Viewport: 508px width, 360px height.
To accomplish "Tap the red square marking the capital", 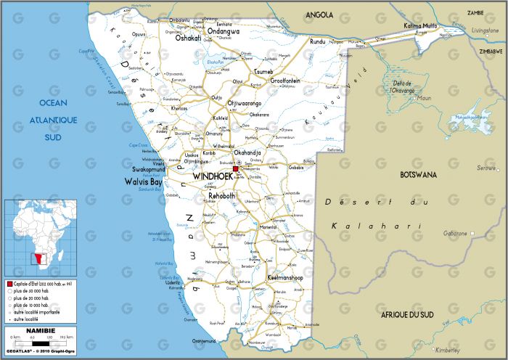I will pos(235,169).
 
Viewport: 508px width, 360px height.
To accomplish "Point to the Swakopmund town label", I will pos(149,169).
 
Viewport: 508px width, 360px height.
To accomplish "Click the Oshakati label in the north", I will pos(188,38).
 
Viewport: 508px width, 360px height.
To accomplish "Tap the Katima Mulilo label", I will pos(422,26).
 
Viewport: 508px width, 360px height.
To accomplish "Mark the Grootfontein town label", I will pos(285,81).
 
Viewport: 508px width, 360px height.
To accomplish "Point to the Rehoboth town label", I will pos(222,196).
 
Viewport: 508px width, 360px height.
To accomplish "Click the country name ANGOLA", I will pos(319,15).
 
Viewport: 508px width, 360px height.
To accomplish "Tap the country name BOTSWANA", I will pos(419,175).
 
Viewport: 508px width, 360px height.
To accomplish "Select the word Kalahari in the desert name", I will pos(376,226).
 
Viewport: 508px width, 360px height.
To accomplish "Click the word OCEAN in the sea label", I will pos(53,102).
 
